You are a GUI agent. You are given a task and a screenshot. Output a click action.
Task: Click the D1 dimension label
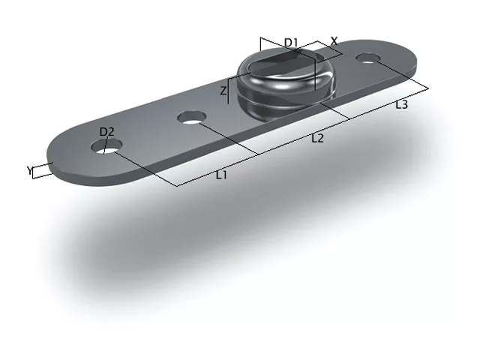click(291, 43)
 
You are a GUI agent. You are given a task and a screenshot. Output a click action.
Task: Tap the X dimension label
click(334, 41)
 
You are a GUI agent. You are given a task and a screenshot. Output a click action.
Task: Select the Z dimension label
click(223, 91)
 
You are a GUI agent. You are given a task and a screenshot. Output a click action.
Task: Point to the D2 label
click(106, 132)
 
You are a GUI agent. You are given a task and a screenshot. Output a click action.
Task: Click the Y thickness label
click(29, 170)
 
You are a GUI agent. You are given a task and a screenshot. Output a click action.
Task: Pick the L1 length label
click(221, 175)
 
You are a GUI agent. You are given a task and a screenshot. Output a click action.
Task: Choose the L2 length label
click(317, 139)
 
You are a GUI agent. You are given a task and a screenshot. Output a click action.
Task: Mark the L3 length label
click(402, 105)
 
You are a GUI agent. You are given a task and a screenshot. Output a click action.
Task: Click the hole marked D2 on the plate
click(106, 146)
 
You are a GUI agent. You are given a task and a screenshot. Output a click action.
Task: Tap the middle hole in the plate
click(192, 118)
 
